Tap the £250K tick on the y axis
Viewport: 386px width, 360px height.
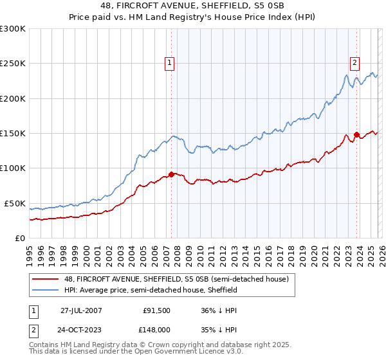13,64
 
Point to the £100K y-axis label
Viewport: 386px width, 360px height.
13,168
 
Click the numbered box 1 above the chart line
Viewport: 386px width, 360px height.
169,63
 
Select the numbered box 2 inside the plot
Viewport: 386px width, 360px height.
354,63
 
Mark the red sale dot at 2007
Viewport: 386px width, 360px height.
171,174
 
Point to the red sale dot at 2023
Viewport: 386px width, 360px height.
356,135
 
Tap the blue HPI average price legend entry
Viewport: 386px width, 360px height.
149,290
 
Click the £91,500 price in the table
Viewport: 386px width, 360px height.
157,310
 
